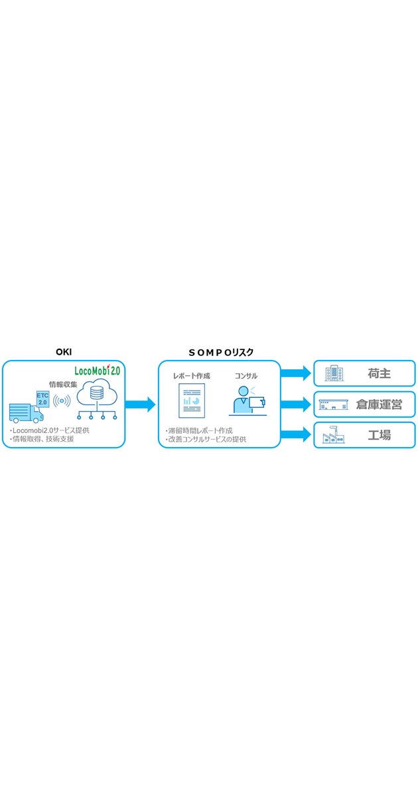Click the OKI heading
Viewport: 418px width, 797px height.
click(x=63, y=352)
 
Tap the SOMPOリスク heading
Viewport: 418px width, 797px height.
click(x=220, y=352)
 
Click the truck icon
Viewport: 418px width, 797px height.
click(x=26, y=412)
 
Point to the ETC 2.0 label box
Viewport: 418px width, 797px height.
click(x=42, y=398)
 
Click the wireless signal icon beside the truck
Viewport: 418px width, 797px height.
click(x=62, y=400)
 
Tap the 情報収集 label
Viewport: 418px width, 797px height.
click(x=63, y=384)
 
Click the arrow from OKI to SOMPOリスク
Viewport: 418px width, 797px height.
click(x=141, y=404)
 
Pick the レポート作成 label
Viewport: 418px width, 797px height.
click(x=192, y=376)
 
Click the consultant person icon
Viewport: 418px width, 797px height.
click(x=247, y=401)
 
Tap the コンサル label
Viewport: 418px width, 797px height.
click(x=246, y=376)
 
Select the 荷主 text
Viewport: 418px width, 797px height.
click(x=379, y=374)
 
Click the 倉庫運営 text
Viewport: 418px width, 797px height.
click(x=379, y=404)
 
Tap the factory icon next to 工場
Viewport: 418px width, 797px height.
click(x=333, y=436)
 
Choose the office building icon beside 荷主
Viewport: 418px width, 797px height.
click(x=334, y=374)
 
